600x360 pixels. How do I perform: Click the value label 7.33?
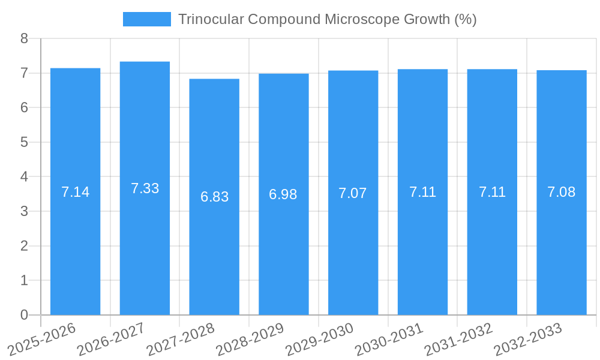tap(145, 188)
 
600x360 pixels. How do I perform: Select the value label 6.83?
tap(214, 197)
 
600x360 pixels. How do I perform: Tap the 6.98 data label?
tap(283, 194)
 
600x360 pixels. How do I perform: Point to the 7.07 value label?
tap(353, 193)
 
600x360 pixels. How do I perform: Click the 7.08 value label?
tap(562, 192)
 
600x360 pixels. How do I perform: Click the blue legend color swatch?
tap(146, 19)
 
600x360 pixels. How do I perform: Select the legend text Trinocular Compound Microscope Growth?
tap(327, 19)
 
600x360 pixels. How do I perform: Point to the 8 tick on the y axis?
tap(24, 38)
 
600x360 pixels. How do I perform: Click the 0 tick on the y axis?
tap(24, 315)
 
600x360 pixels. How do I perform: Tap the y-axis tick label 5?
tap(24, 142)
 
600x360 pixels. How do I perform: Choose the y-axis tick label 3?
tap(24, 211)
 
